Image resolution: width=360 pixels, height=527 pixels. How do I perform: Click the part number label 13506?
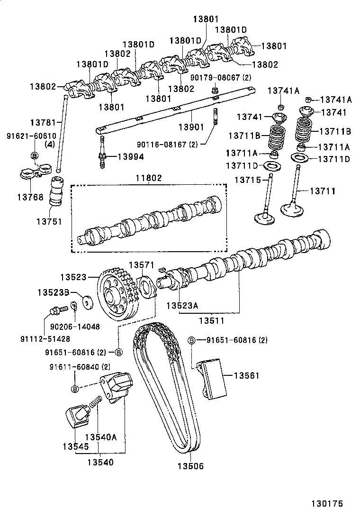(190, 466)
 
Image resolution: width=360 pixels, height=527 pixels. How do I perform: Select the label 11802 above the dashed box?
(148, 178)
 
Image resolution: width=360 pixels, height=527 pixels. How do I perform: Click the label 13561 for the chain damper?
(247, 375)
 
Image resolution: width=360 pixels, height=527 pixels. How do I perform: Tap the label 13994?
(131, 157)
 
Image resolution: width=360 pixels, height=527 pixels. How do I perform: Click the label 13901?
(192, 127)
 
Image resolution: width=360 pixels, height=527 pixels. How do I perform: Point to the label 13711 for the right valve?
(323, 191)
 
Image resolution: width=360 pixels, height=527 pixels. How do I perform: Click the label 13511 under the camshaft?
(211, 321)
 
